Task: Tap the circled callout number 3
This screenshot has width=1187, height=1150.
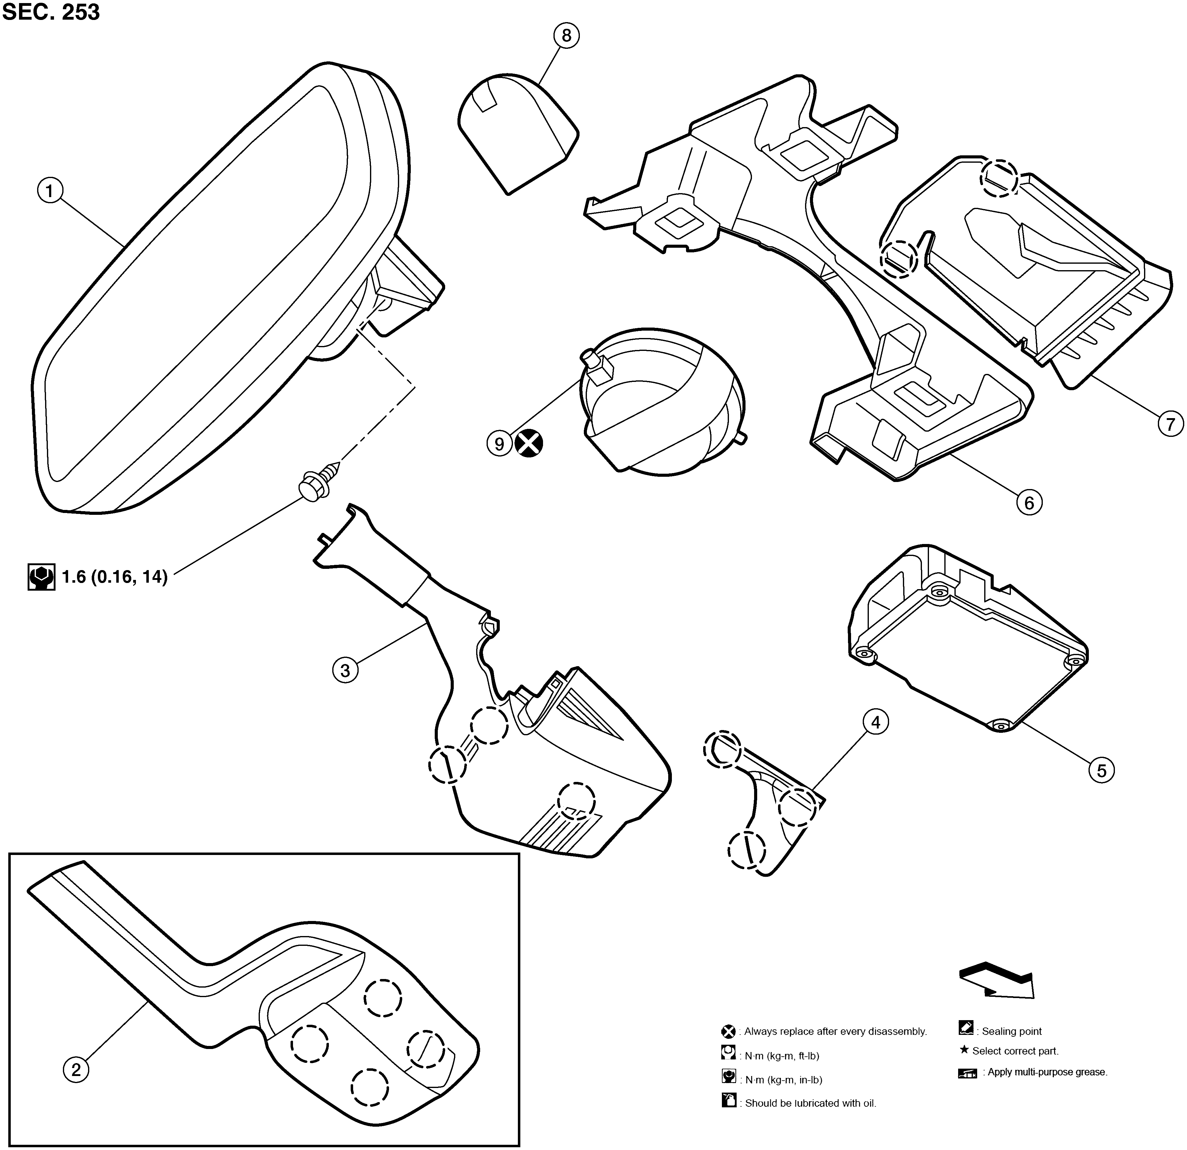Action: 345,670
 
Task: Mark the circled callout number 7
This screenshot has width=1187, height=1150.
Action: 1170,424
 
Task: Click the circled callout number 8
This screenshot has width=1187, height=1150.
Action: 566,36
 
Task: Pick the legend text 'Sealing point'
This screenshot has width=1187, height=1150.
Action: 1012,1031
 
